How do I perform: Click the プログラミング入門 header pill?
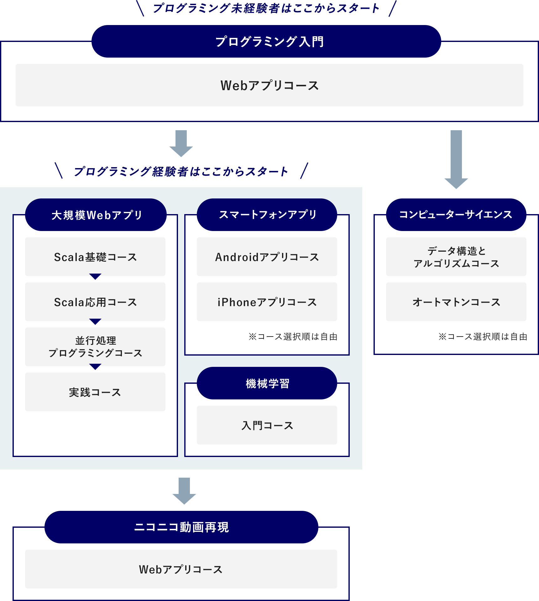pos(266,41)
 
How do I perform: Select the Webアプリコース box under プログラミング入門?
pos(269,85)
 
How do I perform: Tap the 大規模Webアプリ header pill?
pos(96,215)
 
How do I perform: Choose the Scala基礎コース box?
pos(95,257)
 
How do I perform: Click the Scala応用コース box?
pos(95,302)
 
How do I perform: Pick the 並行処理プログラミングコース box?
pos(95,347)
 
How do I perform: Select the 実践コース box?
pos(95,392)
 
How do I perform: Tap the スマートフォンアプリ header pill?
pos(267,215)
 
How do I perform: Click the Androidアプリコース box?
pos(267,257)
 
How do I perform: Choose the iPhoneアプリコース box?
pos(267,302)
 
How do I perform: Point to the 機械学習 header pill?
pos(267,383)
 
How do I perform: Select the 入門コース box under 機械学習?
pos(267,425)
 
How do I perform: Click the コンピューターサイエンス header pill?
pos(456,215)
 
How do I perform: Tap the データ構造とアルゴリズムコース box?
pos(456,257)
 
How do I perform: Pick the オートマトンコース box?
pos(456,302)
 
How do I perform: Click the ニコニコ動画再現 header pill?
pos(181,527)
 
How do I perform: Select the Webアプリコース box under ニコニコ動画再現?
pos(181,569)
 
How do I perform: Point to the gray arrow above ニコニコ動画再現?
pos(184,490)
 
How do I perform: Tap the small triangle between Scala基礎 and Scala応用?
pos(95,276)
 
